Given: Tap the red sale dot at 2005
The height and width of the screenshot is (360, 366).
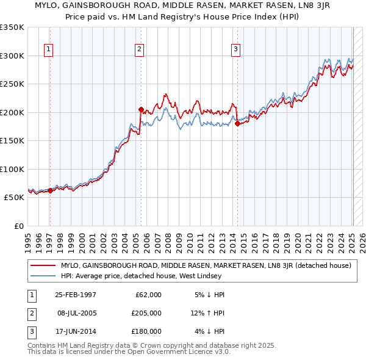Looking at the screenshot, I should pyautogui.click(x=141, y=110).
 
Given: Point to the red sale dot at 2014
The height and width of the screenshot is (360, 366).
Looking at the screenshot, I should pyautogui.click(x=237, y=124).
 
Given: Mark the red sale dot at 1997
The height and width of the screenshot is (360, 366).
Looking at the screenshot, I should pyautogui.click(x=50, y=190).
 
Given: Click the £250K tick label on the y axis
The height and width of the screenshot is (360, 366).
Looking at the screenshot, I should pyautogui.click(x=12, y=84).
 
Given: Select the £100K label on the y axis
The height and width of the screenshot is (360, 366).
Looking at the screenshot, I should pyautogui.click(x=12, y=169).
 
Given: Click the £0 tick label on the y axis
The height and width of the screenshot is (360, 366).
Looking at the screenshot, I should pyautogui.click(x=18, y=226).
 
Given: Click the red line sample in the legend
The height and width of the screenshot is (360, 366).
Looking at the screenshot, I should pyautogui.click(x=43, y=265).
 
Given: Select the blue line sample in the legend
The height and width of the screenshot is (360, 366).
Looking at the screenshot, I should pyautogui.click(x=43, y=276).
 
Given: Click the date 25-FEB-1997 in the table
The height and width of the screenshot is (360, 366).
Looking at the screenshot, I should pyautogui.click(x=75, y=295).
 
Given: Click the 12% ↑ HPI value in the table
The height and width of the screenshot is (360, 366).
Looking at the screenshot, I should pyautogui.click(x=208, y=313).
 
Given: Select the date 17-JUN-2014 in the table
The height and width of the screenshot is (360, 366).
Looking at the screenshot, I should pyautogui.click(x=75, y=331).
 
